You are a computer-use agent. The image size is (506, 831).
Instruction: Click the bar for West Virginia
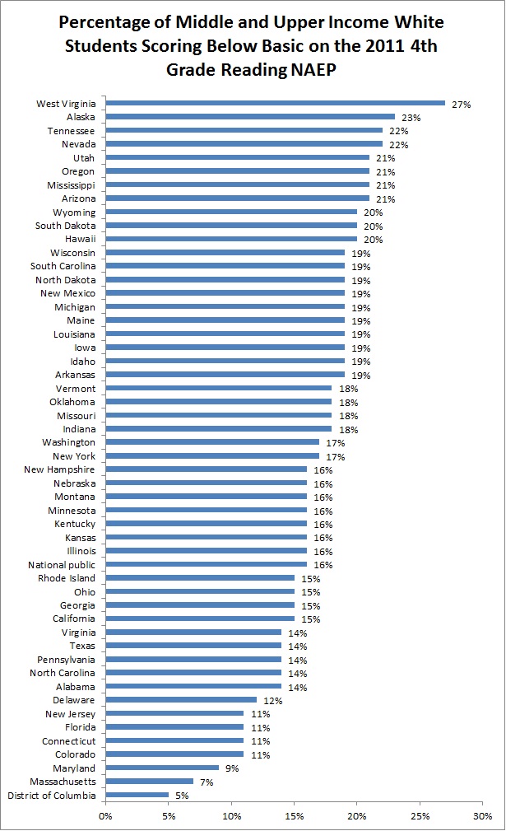pos(275,104)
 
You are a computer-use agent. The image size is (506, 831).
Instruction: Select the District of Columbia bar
pos(137,795)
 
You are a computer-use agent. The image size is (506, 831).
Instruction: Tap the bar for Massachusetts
pos(149,782)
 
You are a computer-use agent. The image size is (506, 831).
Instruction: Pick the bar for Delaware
pos(181,700)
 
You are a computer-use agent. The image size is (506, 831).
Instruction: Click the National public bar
pos(206,565)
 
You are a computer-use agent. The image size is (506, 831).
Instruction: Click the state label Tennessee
pos(72,131)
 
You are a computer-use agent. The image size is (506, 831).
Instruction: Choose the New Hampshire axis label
pos(63,469)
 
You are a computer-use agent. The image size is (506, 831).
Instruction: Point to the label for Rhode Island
pos(67,578)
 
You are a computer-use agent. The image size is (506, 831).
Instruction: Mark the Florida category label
pos(80,727)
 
